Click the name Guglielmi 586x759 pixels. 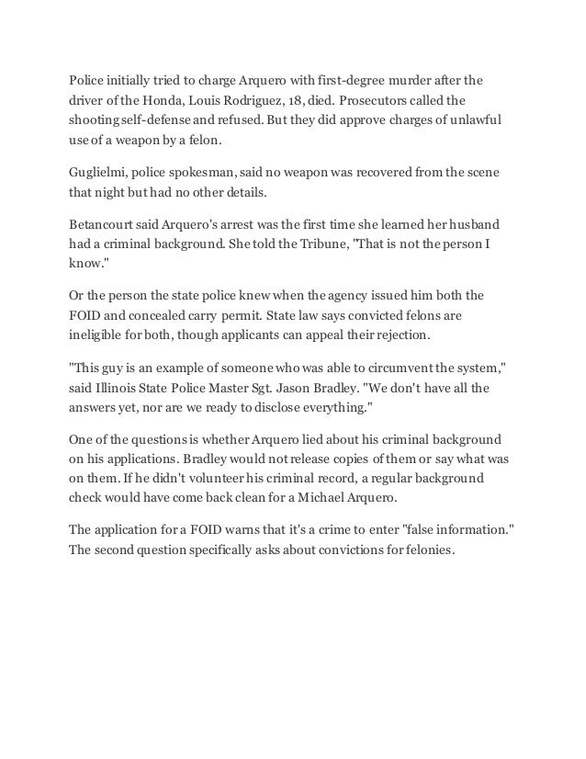point(100,173)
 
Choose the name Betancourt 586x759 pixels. point(106,224)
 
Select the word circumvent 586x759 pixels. point(398,371)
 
